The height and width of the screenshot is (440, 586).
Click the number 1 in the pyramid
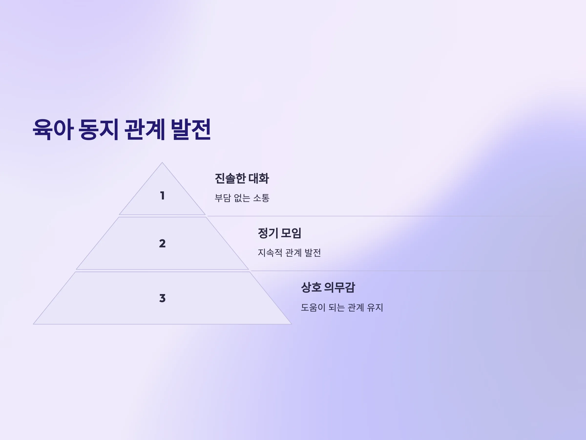click(162, 196)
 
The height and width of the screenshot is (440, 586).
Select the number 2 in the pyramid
click(162, 243)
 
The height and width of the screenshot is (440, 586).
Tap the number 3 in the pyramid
click(162, 298)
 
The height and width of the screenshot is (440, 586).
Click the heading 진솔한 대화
click(242, 178)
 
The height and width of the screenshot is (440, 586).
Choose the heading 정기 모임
click(280, 233)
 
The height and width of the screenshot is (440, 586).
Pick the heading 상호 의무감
click(328, 287)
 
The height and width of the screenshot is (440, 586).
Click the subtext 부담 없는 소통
click(242, 198)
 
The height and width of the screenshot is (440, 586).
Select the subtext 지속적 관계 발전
click(289, 253)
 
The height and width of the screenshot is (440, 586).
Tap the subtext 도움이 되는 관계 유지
click(342, 308)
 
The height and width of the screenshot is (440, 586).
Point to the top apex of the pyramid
click(162, 162)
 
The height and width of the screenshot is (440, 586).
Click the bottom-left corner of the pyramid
click(33, 324)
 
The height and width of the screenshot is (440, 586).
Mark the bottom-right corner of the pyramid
click(291, 324)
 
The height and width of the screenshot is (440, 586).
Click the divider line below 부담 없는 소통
click(380, 216)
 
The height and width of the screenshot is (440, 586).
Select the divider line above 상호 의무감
click(402, 271)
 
